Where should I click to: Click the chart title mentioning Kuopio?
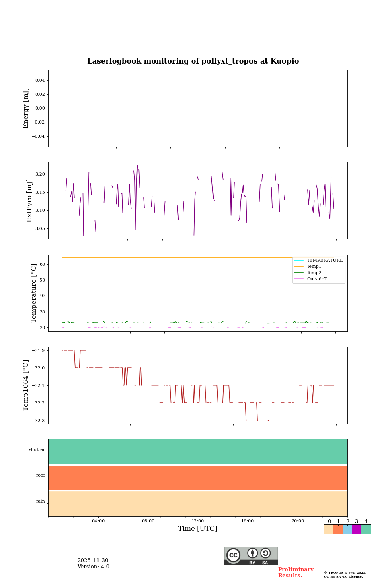(193, 61)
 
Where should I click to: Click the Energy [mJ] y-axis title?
(26, 108)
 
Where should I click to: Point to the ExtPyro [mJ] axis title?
(29, 201)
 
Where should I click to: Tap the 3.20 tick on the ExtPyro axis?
(40, 174)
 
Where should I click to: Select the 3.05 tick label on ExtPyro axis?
(40, 229)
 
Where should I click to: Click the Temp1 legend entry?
(314, 267)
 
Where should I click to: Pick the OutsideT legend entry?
(317, 279)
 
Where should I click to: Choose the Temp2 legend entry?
(314, 273)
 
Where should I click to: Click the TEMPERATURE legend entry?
(324, 261)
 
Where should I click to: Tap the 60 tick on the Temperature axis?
(42, 265)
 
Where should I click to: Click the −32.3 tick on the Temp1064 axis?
(37, 421)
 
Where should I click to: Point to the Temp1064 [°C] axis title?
(26, 385)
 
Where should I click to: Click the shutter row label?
(37, 450)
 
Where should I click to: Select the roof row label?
(41, 476)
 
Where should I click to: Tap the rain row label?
(41, 501)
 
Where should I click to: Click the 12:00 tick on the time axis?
(198, 521)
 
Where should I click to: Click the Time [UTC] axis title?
(198, 529)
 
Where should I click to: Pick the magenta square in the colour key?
(356, 529)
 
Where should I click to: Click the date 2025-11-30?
(93, 561)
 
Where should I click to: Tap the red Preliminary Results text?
(296, 572)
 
